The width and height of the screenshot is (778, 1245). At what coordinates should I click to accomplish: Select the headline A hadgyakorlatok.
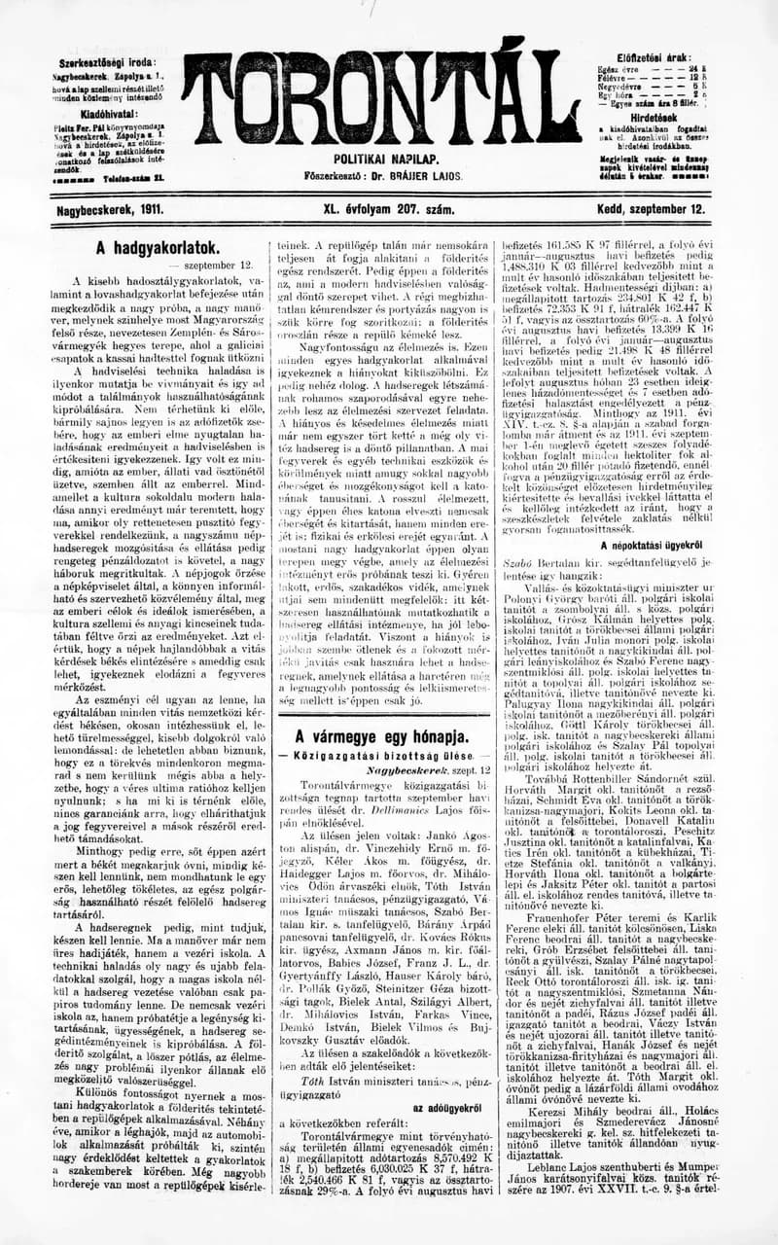coord(157,248)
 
